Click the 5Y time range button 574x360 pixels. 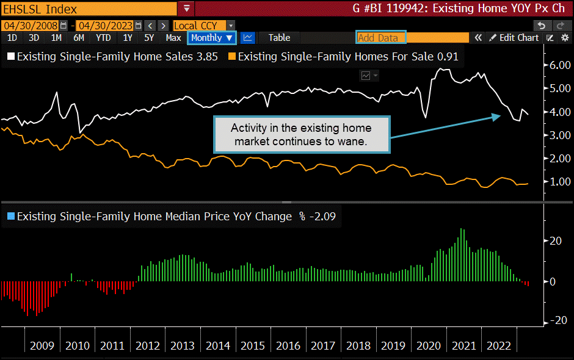tap(149, 38)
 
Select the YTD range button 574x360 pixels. tap(103, 38)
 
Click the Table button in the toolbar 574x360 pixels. tap(279, 38)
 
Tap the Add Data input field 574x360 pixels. tap(380, 38)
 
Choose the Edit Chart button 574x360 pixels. tap(514, 38)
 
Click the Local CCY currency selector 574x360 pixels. tap(204, 25)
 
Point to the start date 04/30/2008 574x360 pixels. tap(30, 25)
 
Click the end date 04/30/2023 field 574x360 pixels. tap(106, 25)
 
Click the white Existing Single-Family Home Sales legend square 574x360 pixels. tap(10, 57)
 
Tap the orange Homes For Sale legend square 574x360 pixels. tap(231, 57)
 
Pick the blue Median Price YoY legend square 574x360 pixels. tap(10, 216)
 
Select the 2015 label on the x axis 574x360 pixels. tap(253, 346)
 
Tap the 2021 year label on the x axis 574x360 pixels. tap(463, 346)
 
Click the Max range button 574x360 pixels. tap(173, 38)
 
